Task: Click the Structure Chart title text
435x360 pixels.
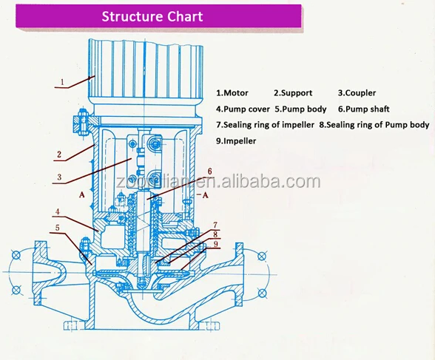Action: pyautogui.click(x=152, y=16)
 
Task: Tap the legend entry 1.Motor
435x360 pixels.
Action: pyautogui.click(x=232, y=93)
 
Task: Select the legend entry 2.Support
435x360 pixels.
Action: pyautogui.click(x=293, y=93)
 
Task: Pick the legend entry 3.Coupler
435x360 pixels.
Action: pyautogui.click(x=357, y=93)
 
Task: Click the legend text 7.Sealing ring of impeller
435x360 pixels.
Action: pyautogui.click(x=266, y=125)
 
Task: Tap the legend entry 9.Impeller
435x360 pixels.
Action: pyautogui.click(x=235, y=140)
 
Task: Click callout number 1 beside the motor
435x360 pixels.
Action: pyautogui.click(x=62, y=81)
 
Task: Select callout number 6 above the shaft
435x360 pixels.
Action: pyautogui.click(x=209, y=171)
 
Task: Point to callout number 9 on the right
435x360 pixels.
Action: pyautogui.click(x=215, y=244)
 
